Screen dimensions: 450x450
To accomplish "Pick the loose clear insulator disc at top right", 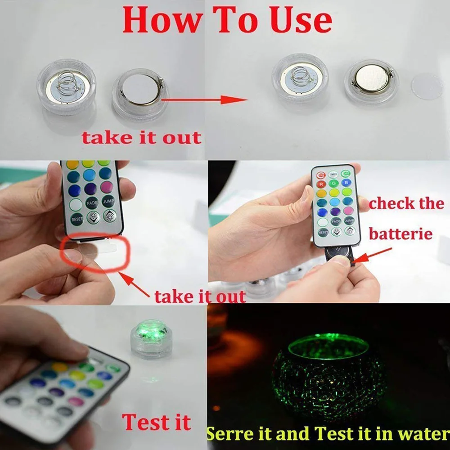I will [x=427, y=86].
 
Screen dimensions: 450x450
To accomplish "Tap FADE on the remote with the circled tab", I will [x=92, y=202].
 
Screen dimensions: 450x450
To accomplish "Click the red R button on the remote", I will [x=321, y=183].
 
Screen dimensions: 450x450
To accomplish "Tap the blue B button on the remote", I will [x=346, y=182].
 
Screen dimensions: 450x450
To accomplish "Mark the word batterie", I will [x=400, y=234].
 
